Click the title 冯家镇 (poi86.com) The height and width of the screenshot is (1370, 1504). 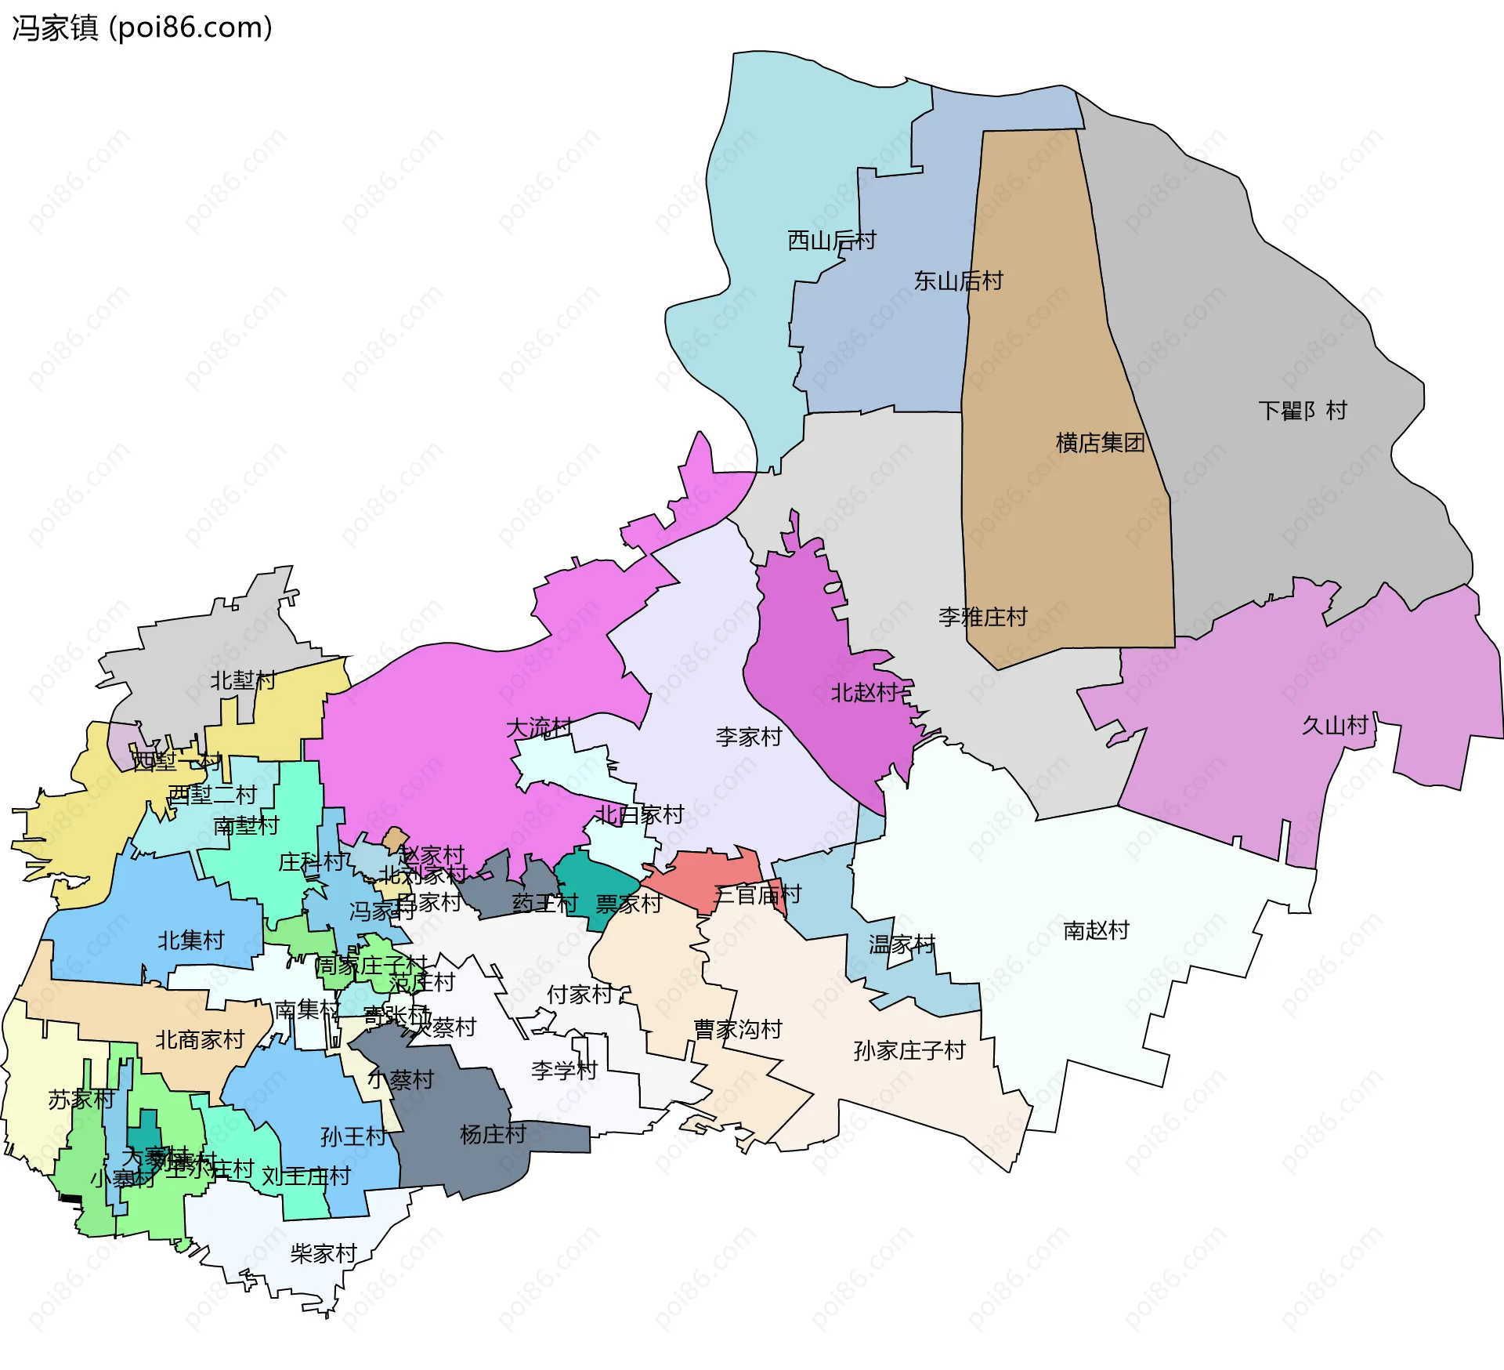(x=142, y=27)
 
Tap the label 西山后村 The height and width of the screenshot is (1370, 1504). (x=831, y=241)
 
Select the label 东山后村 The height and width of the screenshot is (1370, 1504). (x=958, y=281)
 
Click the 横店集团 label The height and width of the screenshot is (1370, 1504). (x=1100, y=443)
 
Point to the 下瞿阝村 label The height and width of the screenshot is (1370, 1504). (x=1303, y=411)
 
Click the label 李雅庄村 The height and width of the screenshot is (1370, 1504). (x=982, y=617)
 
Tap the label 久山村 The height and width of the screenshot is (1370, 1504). (x=1334, y=725)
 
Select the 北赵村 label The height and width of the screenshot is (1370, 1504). (x=864, y=693)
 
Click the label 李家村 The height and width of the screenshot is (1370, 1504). (x=749, y=737)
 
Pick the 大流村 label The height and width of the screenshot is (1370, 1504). (x=539, y=728)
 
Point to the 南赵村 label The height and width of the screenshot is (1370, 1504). (x=1096, y=930)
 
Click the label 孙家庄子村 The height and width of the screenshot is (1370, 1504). (x=909, y=1050)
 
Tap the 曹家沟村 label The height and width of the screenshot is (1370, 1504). (x=738, y=1029)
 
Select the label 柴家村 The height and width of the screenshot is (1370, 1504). (x=324, y=1254)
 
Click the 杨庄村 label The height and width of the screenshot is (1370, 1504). (x=493, y=1134)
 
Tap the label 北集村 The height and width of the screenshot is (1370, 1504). (x=191, y=940)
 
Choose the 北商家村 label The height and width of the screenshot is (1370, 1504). (x=200, y=1040)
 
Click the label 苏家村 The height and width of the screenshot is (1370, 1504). (x=81, y=1100)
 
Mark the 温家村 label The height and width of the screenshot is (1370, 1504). (x=902, y=944)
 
